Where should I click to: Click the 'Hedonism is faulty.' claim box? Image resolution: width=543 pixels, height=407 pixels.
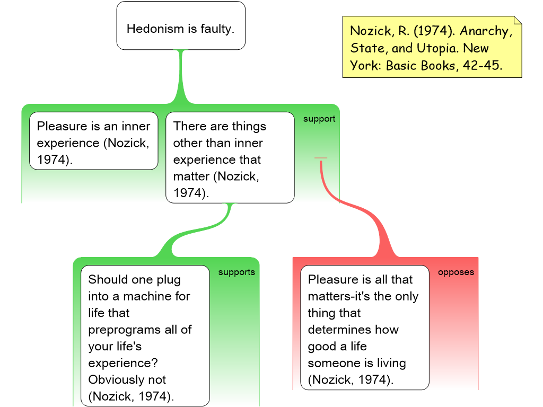click(181, 25)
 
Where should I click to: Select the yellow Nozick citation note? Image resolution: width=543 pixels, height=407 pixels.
click(432, 48)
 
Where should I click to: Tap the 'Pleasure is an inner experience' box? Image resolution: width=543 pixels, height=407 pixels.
click(93, 141)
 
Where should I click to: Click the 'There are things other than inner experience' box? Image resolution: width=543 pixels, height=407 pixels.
click(230, 157)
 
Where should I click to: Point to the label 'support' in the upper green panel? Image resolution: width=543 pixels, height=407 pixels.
click(319, 119)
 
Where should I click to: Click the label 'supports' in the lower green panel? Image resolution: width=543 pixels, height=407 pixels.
click(237, 272)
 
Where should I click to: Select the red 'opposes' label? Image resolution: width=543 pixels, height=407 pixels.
click(456, 272)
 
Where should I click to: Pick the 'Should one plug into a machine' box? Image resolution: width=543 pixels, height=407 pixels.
click(145, 335)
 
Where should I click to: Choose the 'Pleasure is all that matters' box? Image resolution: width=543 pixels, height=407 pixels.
click(364, 327)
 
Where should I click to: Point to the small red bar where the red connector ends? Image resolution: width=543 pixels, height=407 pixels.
click(321, 158)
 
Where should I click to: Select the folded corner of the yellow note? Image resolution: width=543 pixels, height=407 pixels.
click(517, 21)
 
